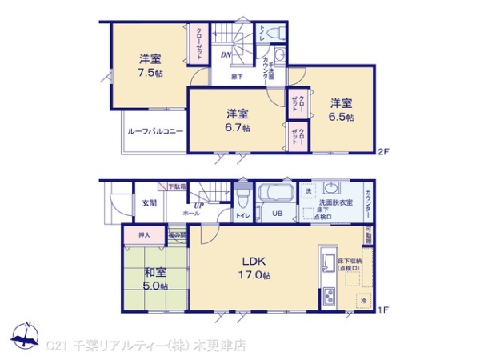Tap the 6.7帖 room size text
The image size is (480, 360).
click(x=238, y=127)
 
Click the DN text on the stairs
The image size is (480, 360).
click(x=226, y=55)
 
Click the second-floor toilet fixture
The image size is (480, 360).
click(x=272, y=34)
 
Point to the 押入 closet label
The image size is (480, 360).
click(x=145, y=236)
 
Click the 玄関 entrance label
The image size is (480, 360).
click(x=149, y=202)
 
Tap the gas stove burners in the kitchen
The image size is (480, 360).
click(x=329, y=298)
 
